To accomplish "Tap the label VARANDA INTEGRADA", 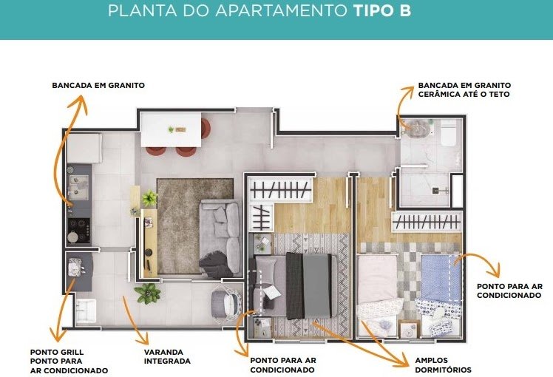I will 167,356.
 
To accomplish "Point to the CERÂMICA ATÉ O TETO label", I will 464,95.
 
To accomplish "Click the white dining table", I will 171,129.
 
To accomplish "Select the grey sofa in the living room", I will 220,236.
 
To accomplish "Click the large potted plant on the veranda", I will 148,293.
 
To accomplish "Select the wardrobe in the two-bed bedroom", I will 427,223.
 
